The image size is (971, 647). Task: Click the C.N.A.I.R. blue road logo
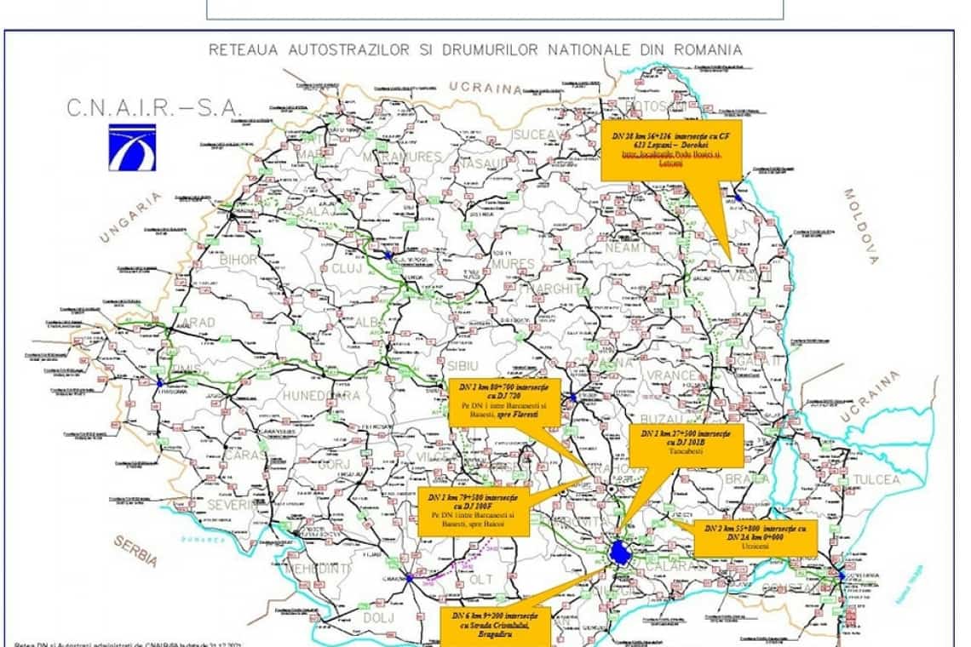[131, 146]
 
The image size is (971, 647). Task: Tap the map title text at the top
[474, 50]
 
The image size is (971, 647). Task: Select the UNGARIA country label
[130, 218]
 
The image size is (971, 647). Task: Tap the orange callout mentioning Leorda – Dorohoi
[670, 149]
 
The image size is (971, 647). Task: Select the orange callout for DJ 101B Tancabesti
[686, 445]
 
